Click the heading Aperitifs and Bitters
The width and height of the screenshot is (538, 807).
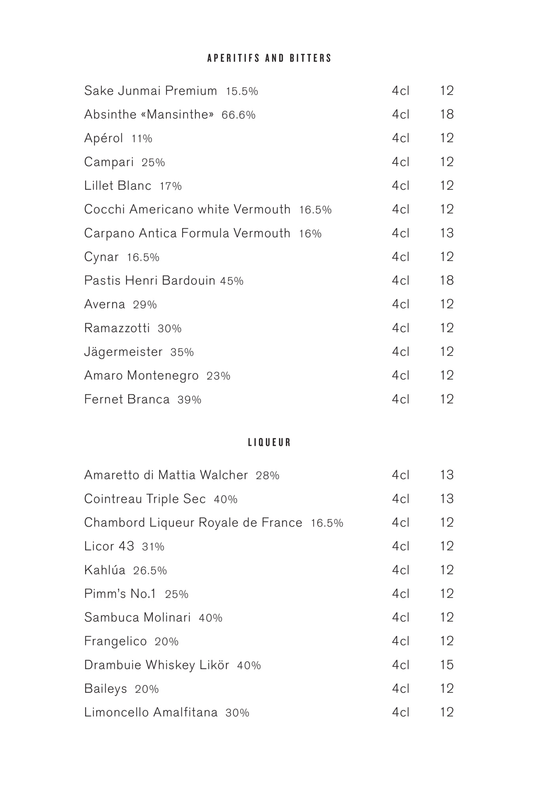[269, 59]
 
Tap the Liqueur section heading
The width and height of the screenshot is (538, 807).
[269, 442]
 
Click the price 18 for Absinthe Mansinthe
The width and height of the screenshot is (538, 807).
[447, 115]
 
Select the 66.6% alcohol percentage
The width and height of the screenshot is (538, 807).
[238, 115]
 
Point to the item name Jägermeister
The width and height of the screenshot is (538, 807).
[123, 352]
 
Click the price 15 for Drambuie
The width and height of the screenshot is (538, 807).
[447, 665]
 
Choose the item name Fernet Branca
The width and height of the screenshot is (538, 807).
[127, 399]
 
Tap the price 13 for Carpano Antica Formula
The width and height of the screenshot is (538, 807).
[447, 233]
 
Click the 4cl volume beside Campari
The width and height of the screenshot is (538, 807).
[400, 162]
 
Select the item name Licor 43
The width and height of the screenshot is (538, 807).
[109, 546]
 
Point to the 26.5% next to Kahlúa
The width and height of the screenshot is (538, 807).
[150, 571]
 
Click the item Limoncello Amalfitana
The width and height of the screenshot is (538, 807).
[151, 713]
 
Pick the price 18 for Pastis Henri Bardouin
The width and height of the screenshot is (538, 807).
[447, 281]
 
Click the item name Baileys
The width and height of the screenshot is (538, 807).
[106, 689]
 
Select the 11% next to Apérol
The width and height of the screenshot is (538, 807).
[142, 139]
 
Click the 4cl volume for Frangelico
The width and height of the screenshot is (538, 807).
[400, 641]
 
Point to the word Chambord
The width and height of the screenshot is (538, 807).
[115, 523]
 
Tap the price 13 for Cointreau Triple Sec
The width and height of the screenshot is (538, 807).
[447, 499]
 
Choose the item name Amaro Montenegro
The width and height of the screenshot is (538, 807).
[141, 376]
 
